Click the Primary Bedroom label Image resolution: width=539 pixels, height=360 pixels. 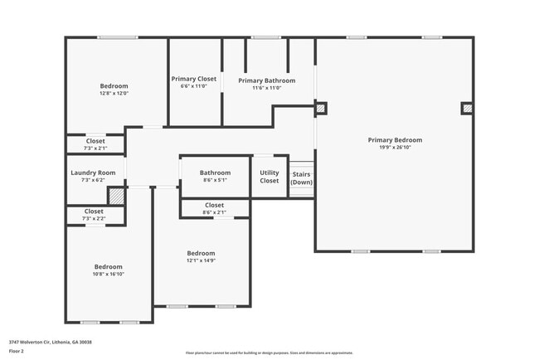coord(395,140)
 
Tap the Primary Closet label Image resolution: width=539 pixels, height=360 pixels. coord(194,79)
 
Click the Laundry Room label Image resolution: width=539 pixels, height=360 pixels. coord(95,173)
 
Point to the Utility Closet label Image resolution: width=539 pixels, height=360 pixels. coord(269,176)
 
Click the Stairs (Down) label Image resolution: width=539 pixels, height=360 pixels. coord(301,178)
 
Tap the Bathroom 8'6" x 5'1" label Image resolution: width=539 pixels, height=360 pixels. coord(215,173)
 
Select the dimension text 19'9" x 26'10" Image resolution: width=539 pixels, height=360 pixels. coord(395,148)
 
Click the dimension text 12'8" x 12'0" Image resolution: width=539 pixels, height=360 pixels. coord(114,94)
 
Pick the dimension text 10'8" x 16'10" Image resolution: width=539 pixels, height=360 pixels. coord(108,275)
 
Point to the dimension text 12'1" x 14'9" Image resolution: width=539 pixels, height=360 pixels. coord(201,260)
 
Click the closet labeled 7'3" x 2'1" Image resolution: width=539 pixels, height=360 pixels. coord(95,144)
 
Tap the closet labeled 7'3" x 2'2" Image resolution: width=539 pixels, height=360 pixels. coord(95,215)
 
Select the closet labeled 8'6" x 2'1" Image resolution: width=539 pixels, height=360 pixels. coord(214,207)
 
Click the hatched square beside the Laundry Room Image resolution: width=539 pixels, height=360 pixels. coord(117,197)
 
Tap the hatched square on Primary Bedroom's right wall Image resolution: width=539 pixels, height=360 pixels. coord(468,108)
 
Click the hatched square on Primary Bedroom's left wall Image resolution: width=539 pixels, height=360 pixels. coord(321,107)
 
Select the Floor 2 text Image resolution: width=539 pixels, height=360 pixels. coord(17,351)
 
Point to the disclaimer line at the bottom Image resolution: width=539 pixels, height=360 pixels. coord(269,352)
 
